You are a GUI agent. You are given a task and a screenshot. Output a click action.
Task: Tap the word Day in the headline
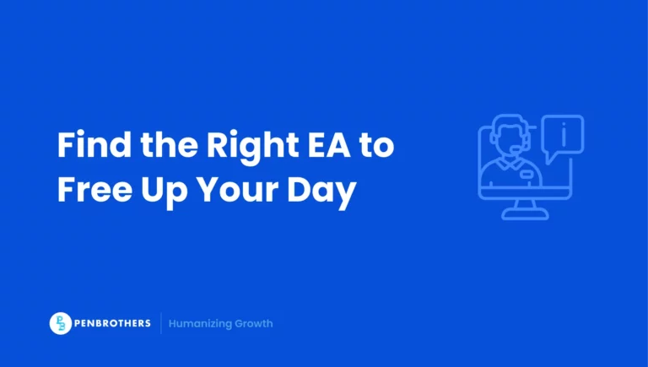coord(324,192)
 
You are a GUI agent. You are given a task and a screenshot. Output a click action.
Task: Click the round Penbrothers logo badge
coord(61,323)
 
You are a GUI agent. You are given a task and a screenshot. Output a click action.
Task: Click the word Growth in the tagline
coord(255,323)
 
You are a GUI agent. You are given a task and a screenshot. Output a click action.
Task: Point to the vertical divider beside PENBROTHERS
coord(160,323)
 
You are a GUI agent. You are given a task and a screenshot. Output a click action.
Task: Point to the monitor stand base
coord(525,214)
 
